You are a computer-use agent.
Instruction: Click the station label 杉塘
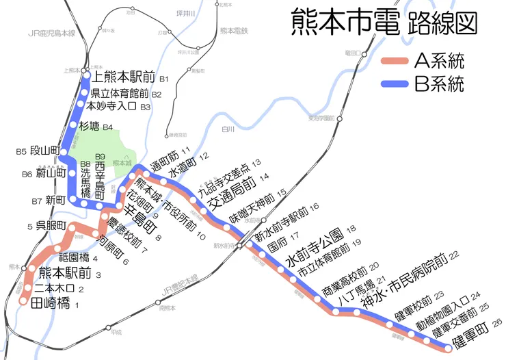90,127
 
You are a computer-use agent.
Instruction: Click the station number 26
496,322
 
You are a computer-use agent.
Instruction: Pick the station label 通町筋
165,160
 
